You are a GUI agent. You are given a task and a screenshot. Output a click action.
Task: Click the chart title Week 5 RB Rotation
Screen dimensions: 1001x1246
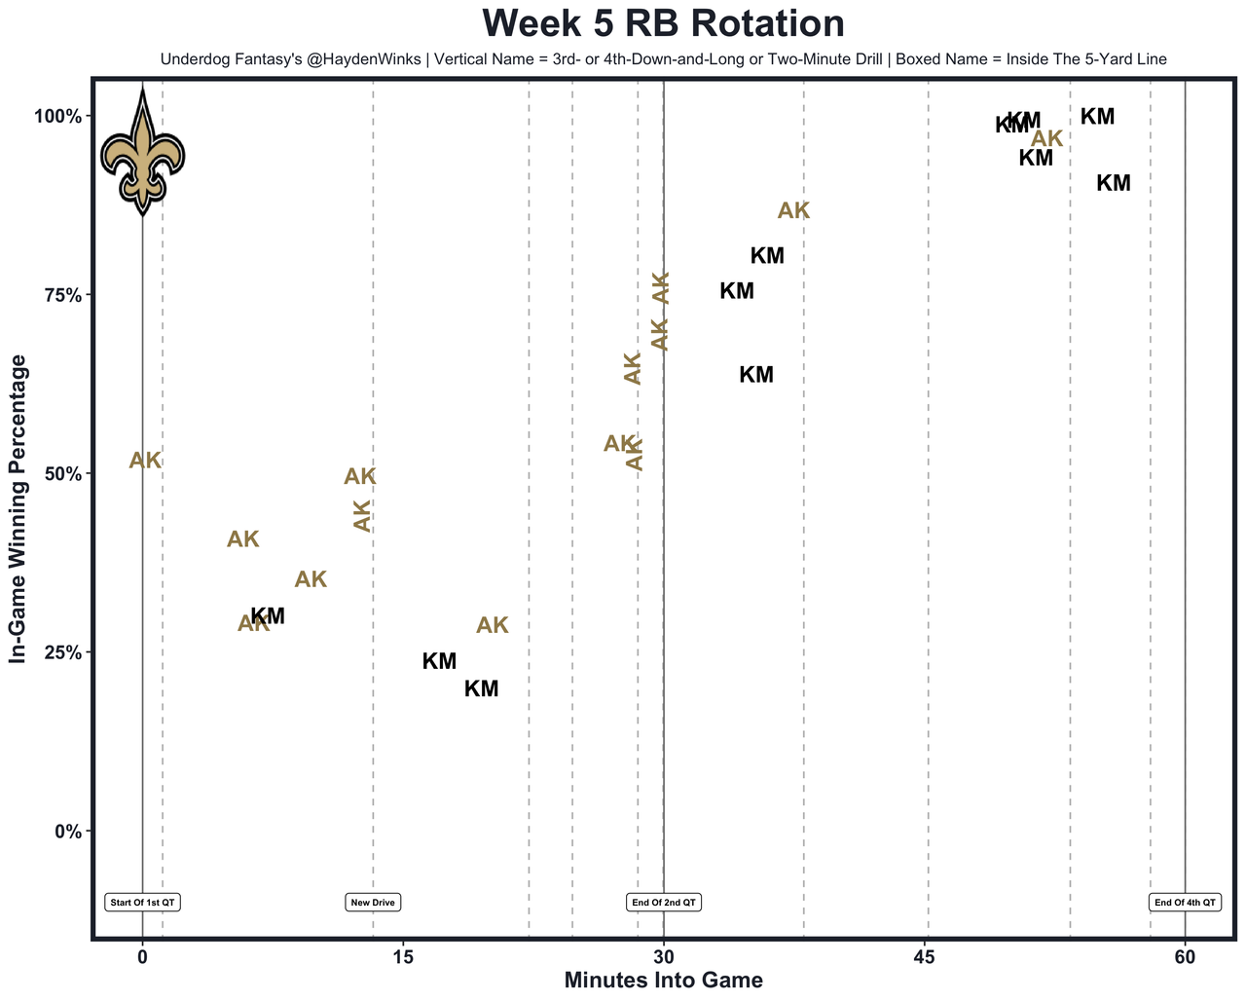tap(663, 23)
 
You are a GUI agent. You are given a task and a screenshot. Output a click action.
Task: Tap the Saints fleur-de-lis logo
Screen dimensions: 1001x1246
tap(143, 154)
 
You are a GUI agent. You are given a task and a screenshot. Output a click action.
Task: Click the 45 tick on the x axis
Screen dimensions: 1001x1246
tap(925, 957)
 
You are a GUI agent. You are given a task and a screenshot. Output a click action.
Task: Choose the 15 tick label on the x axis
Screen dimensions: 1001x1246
tap(403, 957)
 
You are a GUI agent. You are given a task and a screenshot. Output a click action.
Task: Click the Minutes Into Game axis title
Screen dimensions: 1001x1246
tap(663, 981)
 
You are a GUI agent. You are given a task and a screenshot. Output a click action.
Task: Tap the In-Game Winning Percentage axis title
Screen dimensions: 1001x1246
tap(17, 508)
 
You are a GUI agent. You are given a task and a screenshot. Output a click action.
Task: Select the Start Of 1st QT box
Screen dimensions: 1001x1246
tap(143, 903)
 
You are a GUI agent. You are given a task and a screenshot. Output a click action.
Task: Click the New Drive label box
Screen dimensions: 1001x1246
tap(373, 903)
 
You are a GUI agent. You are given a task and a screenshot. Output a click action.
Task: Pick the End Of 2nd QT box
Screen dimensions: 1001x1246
tap(664, 903)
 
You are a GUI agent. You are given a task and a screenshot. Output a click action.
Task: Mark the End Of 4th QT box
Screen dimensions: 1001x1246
tap(1185, 903)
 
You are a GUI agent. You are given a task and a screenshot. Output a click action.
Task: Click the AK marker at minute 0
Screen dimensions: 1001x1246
tap(145, 461)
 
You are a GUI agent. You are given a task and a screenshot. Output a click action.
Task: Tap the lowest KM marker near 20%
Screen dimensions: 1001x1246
tap(481, 689)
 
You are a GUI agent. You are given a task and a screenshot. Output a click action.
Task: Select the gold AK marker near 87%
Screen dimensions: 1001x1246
tap(793, 211)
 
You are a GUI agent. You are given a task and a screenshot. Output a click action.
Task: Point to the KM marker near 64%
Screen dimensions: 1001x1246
tap(756, 375)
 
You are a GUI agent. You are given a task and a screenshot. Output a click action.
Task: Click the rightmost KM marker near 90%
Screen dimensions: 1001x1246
tap(1114, 183)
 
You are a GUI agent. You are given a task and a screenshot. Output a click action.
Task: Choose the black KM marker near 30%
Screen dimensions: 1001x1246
tap(269, 616)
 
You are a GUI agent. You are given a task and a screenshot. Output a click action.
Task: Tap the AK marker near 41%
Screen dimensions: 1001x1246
tap(243, 539)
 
